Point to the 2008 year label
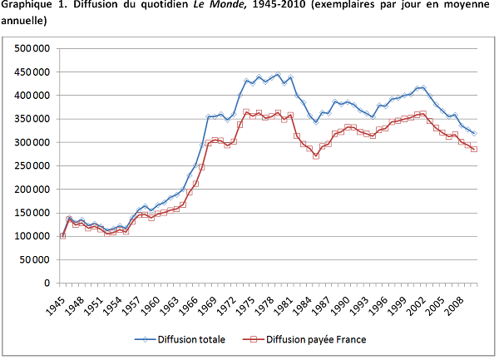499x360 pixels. pyautogui.click(x=454, y=301)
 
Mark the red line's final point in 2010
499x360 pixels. pyautogui.click(x=474, y=149)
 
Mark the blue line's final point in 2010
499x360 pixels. pyautogui.click(x=474, y=133)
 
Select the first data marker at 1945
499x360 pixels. pyautogui.click(x=63, y=235)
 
